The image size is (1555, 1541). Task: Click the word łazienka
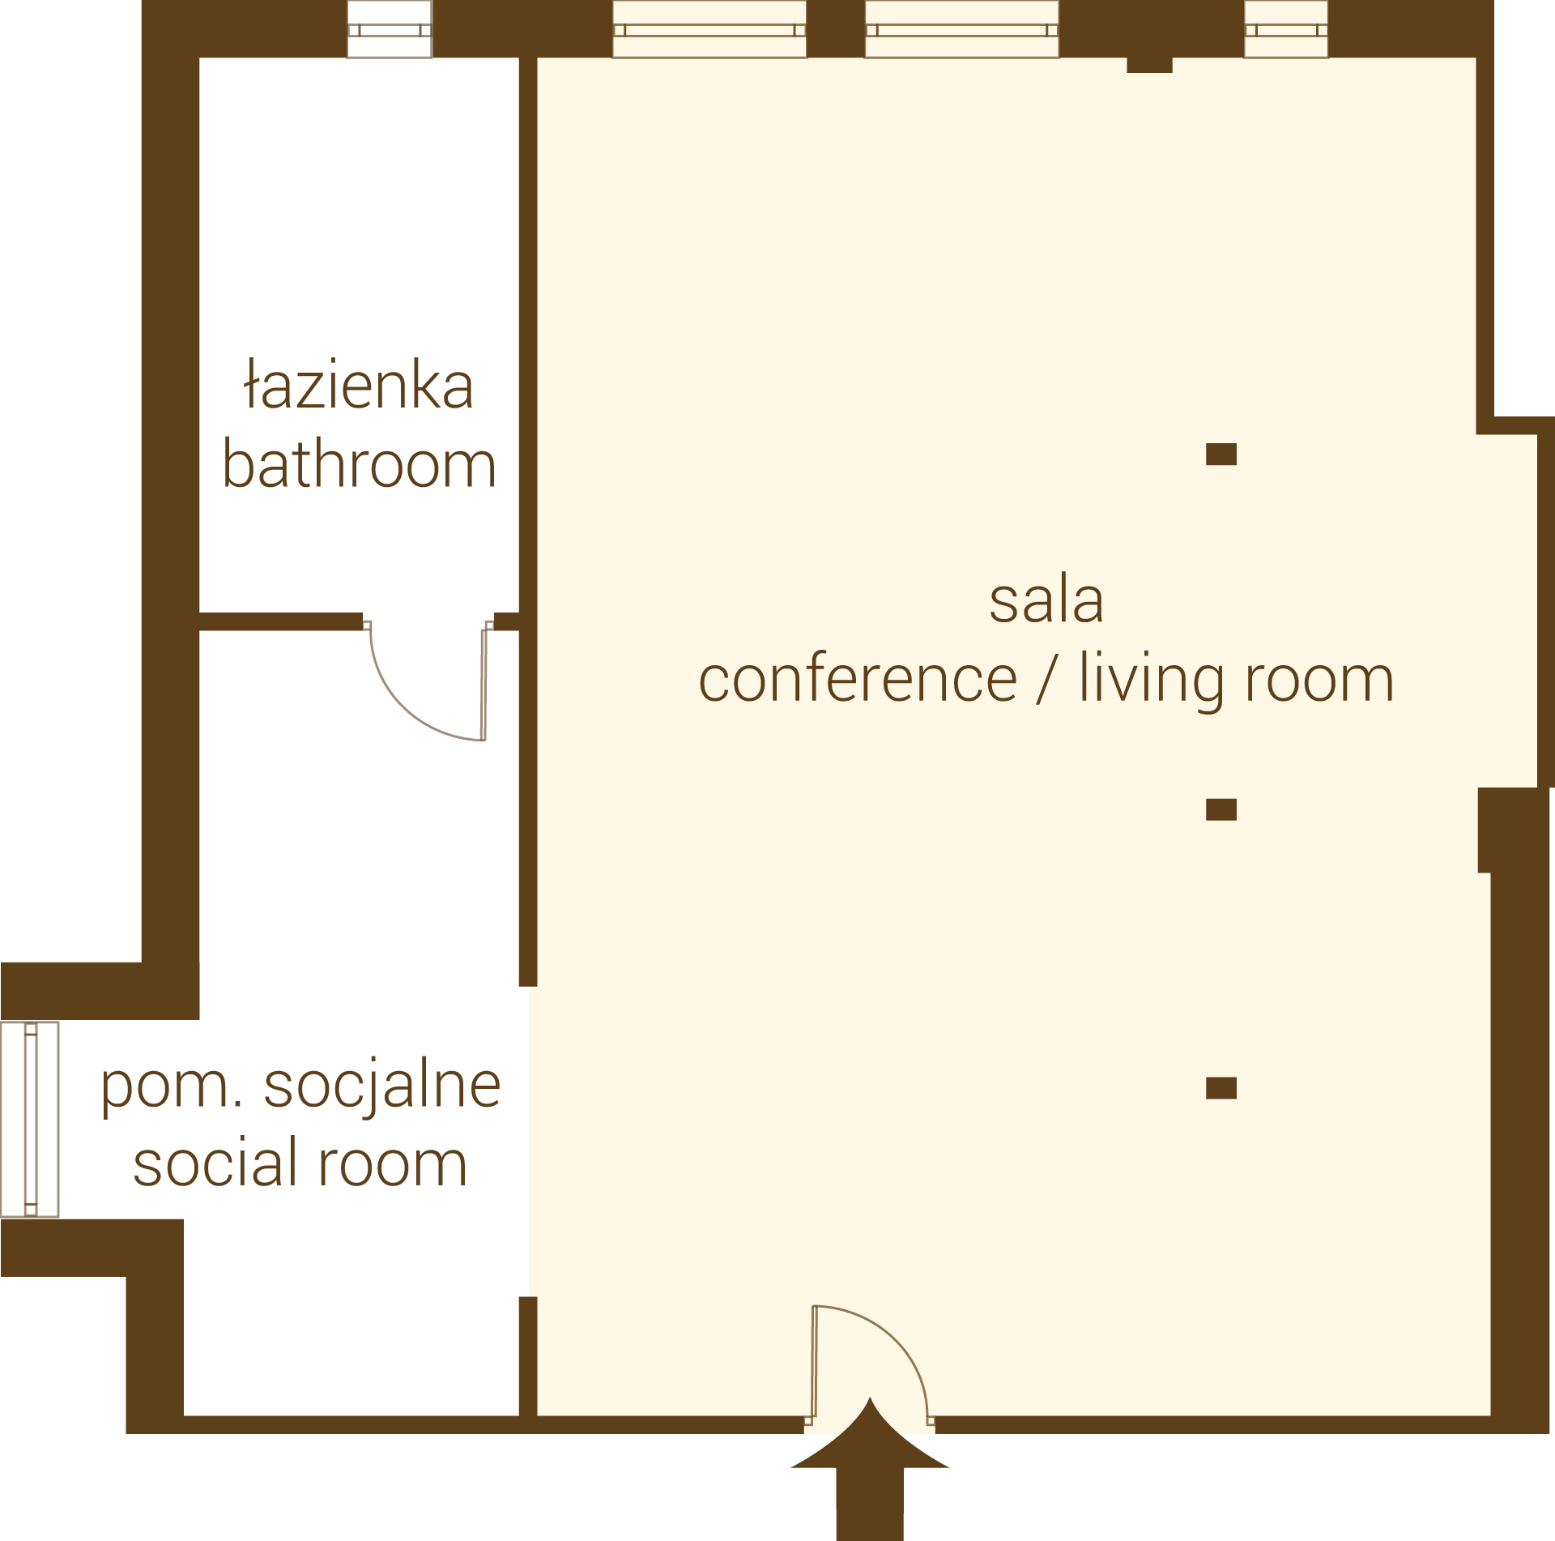[x=359, y=384]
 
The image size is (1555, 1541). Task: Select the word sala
[x=1046, y=600]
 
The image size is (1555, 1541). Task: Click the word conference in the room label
[x=858, y=678]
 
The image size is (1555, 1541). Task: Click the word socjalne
[x=382, y=1086]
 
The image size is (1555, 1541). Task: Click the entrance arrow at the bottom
[x=870, y=1466]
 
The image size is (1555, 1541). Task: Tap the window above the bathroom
[x=390, y=30]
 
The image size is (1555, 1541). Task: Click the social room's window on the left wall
[x=30, y=1120]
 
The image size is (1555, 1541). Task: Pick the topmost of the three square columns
[x=1221, y=454]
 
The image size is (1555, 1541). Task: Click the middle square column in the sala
[x=1221, y=809]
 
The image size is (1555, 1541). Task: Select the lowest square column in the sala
[x=1221, y=1088]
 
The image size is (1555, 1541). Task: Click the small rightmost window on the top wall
[x=1286, y=30]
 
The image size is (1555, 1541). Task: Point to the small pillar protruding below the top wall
[x=1150, y=65]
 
